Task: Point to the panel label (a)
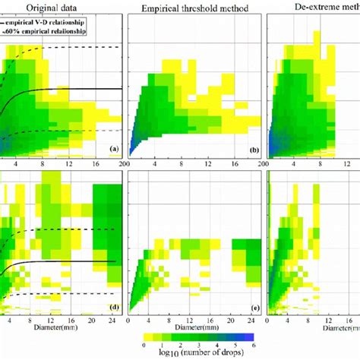coord(115,150)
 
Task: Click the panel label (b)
coord(253,150)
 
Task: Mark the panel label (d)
coord(115,307)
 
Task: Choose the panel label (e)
coord(253,307)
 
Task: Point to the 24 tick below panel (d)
coord(112,321)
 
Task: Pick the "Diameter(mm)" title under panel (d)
coord(58,330)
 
